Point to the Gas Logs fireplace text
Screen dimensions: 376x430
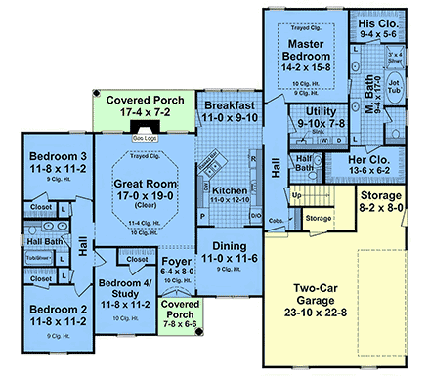pos(144,139)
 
